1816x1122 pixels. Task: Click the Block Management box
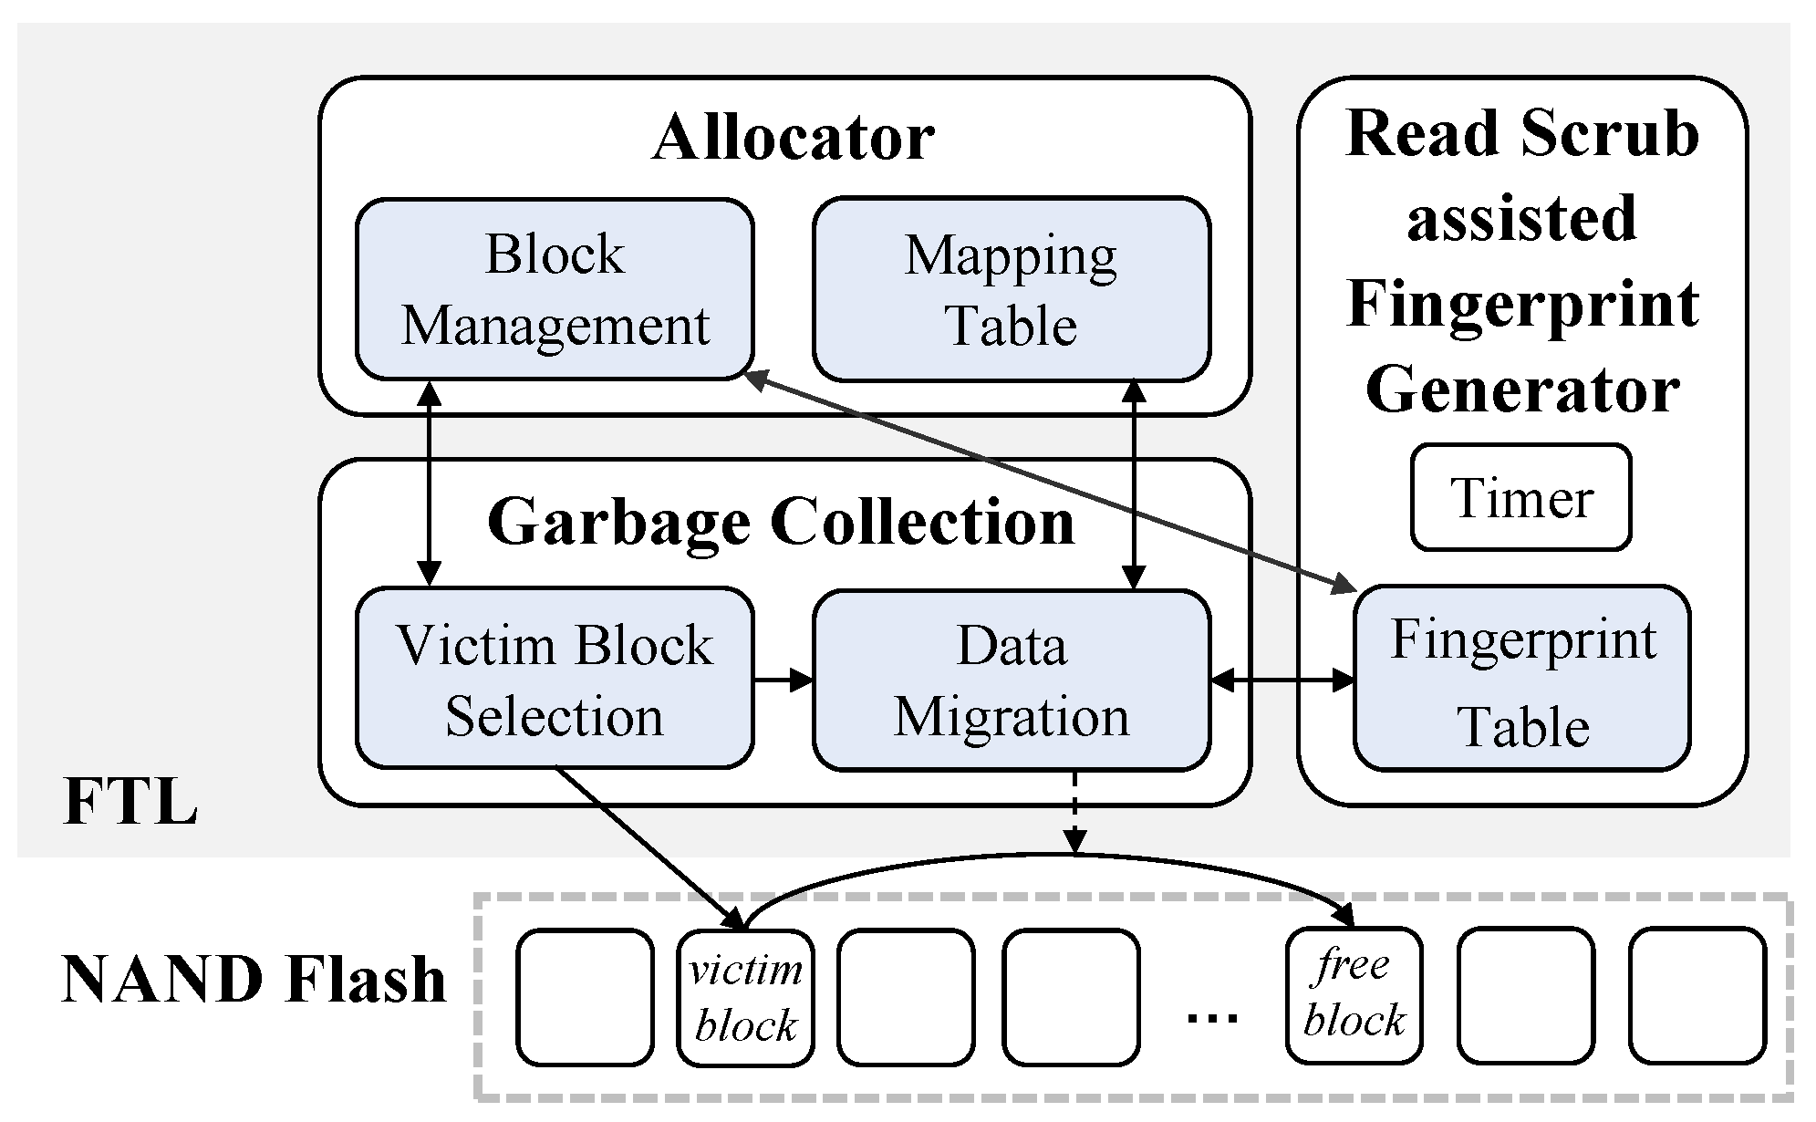click(x=555, y=289)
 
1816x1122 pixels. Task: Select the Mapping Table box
click(x=1011, y=289)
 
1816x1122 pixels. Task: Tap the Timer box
click(x=1520, y=498)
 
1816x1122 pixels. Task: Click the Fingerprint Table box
click(x=1521, y=679)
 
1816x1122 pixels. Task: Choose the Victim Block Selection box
click(x=555, y=679)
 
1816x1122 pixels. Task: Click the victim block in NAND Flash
click(x=745, y=997)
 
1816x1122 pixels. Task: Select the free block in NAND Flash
click(x=1354, y=995)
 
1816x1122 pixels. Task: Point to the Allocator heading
click(x=793, y=138)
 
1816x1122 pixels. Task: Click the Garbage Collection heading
click(x=782, y=522)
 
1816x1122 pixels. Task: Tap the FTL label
click(x=130, y=803)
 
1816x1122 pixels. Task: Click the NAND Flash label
click(x=254, y=980)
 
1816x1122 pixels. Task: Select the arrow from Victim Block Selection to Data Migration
click(x=783, y=680)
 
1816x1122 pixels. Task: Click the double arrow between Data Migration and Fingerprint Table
click(x=1282, y=680)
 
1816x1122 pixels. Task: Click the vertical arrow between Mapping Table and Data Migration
click(x=1134, y=483)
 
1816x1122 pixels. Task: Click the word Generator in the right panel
click(x=1521, y=390)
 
